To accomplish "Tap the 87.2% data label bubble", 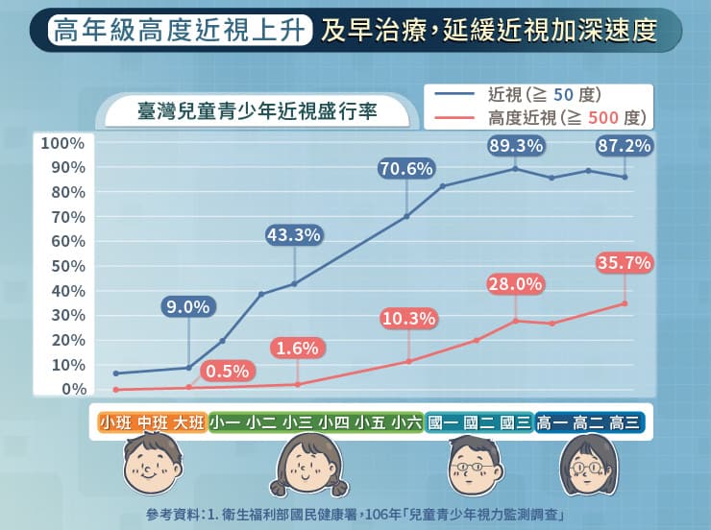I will (x=625, y=146).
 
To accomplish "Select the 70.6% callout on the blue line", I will (x=406, y=169).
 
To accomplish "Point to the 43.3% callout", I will (x=293, y=234).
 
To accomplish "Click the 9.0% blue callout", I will (x=187, y=307).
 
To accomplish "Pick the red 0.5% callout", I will (x=228, y=370).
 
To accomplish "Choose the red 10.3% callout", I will (x=409, y=318).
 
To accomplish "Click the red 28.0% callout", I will (x=516, y=284).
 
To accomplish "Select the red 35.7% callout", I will (x=625, y=261).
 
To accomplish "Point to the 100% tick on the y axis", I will (x=62, y=144).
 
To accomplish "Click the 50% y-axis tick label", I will (x=66, y=267).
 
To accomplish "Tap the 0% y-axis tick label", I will (x=74, y=389).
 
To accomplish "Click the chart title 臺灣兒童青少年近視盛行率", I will (x=257, y=111).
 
